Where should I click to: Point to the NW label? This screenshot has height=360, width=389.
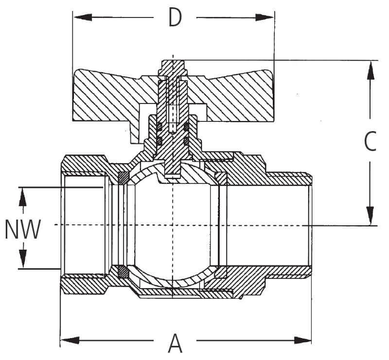coord(21,229)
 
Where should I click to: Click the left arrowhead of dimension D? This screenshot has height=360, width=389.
coord(80,18)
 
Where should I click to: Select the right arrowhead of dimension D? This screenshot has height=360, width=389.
coord(266,18)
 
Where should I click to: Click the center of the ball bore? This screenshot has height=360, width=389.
coord(173,225)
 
